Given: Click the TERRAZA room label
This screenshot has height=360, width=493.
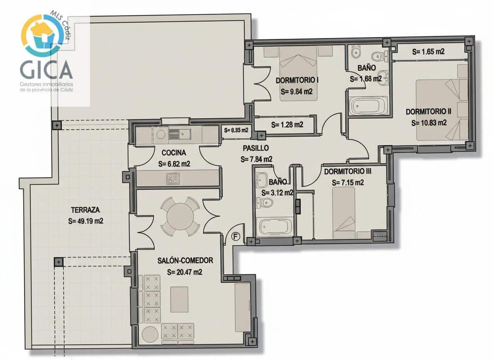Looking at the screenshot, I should tap(85, 210).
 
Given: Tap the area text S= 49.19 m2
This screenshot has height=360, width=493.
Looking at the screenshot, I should tap(85, 221).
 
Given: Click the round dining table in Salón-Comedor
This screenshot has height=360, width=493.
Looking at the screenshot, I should tap(180, 216).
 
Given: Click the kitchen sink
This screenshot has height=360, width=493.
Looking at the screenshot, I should tap(179, 134).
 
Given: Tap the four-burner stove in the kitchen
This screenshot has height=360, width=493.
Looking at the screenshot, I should tap(173, 179).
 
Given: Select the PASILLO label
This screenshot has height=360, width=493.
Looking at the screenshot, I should tap(256, 148).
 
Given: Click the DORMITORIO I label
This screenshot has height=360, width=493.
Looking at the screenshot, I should tap(297, 80).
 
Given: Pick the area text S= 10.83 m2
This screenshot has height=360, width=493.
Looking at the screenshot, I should tap(428, 123).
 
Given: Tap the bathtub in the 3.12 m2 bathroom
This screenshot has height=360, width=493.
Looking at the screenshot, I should tap(273, 227).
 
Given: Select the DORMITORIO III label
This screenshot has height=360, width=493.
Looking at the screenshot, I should tap(348, 171).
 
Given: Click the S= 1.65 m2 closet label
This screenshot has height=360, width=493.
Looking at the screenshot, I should tap(428, 52).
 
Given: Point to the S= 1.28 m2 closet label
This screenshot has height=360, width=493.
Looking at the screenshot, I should tap(286, 125).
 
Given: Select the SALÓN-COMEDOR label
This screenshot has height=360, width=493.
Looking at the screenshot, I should tap(185, 261).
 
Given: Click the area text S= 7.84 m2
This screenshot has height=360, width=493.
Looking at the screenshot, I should tap(256, 159).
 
